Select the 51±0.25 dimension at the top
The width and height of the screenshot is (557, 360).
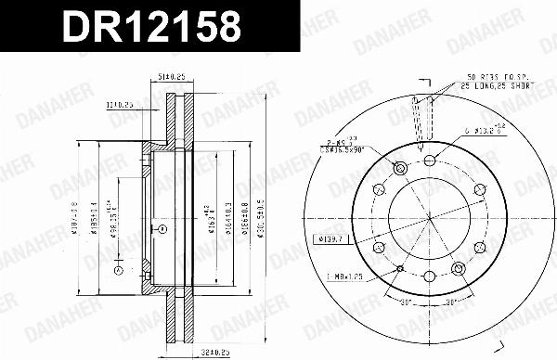pos(171,78)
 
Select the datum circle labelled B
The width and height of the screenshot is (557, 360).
pos(118,271)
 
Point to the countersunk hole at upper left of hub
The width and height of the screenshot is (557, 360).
pos(400,167)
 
